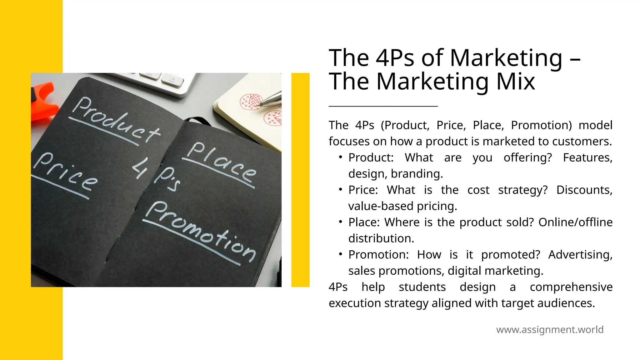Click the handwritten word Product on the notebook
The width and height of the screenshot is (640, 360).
click(x=116, y=120)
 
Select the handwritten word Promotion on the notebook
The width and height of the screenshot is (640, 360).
click(x=200, y=231)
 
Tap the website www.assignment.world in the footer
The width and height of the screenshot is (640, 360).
click(x=550, y=330)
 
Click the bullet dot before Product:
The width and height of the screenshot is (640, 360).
click(x=340, y=157)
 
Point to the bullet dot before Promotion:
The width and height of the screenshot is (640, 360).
click(x=340, y=254)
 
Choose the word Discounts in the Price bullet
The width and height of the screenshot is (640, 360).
click(x=584, y=190)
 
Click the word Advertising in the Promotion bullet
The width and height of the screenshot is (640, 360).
click(x=580, y=255)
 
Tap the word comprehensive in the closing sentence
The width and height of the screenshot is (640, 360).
click(x=571, y=287)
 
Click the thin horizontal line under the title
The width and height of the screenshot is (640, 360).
click(x=383, y=106)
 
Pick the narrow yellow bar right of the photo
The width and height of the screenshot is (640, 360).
click(x=300, y=180)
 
